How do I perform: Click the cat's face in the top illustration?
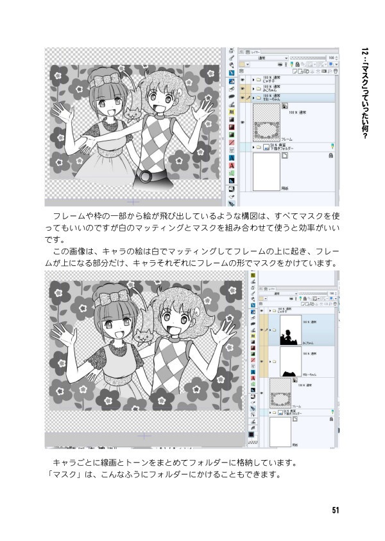point(133,114)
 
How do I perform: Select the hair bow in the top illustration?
point(105,81)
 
